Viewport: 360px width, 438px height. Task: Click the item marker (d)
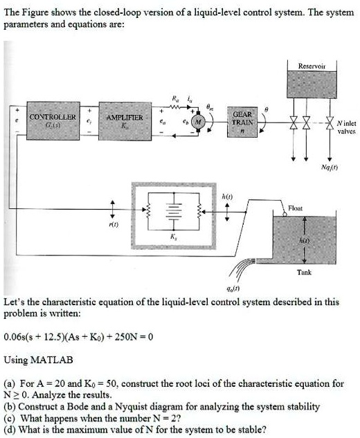tap(10, 429)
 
